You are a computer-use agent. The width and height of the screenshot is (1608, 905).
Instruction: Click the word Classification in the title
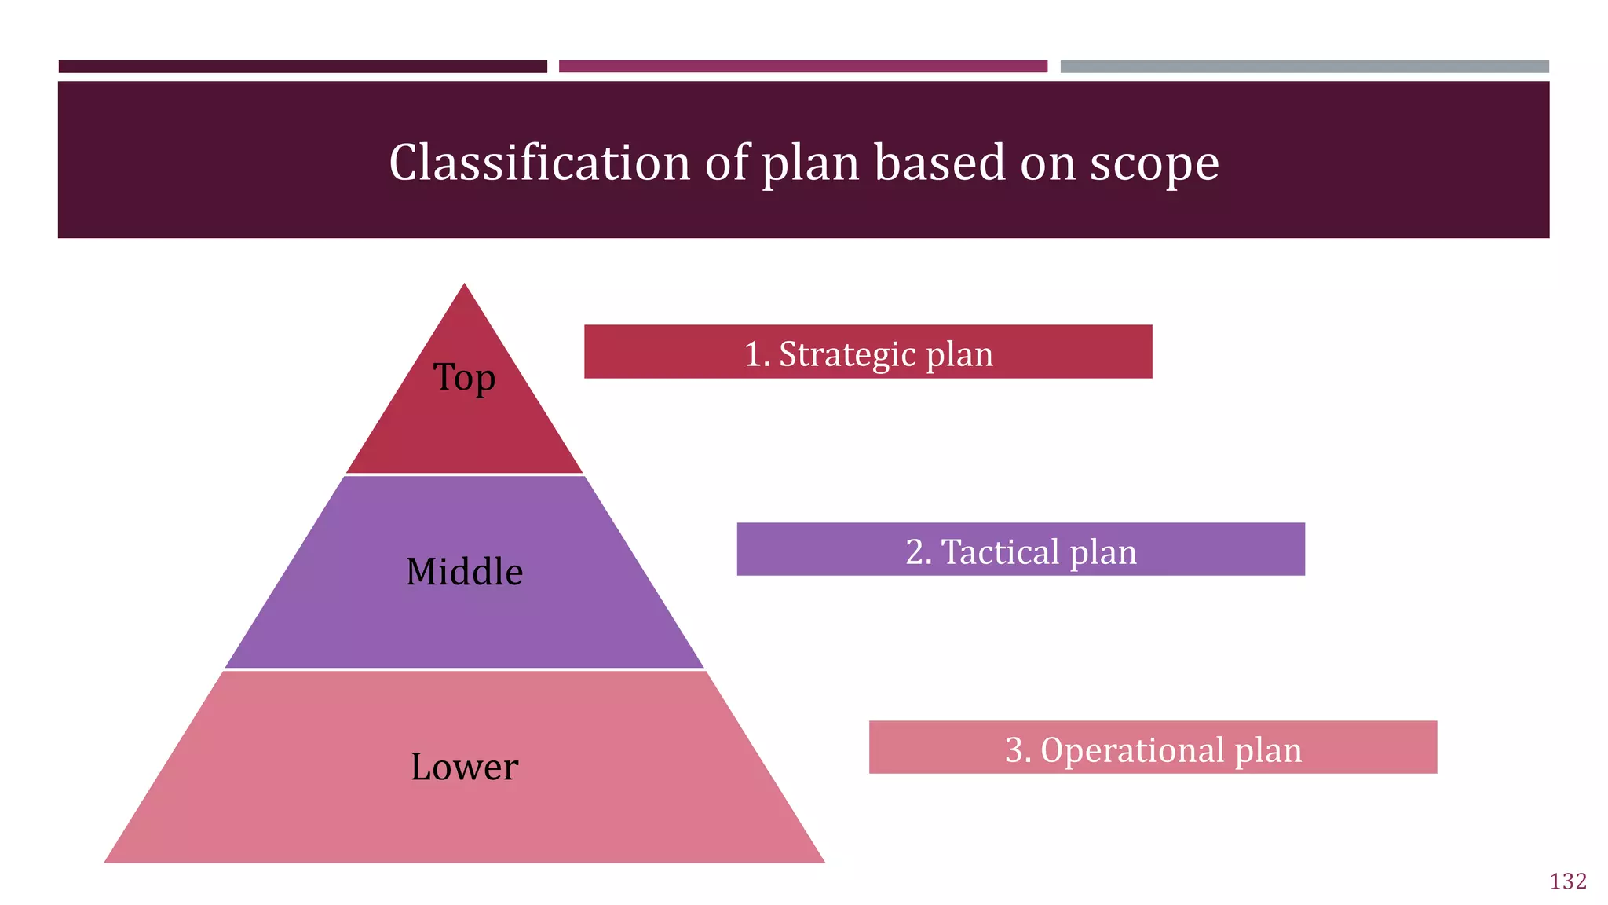539,163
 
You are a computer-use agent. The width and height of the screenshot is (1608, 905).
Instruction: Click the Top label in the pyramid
464,378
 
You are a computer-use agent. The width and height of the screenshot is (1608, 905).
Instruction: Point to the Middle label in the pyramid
464,572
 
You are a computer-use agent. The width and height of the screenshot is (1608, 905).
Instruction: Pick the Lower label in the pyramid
464,767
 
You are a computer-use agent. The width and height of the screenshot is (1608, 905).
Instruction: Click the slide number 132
1568,881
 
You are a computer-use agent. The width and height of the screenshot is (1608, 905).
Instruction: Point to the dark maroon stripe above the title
302,67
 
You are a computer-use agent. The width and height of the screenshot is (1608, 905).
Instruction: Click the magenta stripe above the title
802,67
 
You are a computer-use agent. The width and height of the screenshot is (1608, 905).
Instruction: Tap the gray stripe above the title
1304,67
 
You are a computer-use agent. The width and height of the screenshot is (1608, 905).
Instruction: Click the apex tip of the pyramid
464,288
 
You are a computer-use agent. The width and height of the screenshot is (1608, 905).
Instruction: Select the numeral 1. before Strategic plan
757,354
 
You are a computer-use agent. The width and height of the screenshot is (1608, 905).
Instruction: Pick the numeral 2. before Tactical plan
919,551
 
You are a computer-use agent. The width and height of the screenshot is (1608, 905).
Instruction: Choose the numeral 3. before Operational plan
1018,749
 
